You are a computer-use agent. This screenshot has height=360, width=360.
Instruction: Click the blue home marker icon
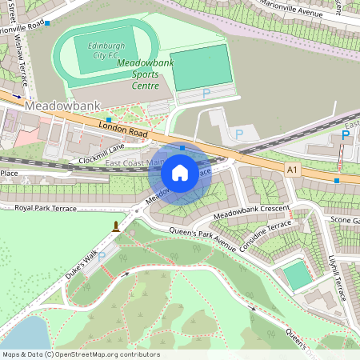tap(180, 172)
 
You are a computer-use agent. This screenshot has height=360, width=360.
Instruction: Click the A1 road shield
tap(293, 169)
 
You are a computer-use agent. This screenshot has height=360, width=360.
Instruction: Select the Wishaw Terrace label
tap(19, 56)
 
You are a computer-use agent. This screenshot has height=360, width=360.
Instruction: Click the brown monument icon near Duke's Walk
tap(117, 226)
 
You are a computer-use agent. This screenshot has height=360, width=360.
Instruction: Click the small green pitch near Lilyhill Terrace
tap(298, 276)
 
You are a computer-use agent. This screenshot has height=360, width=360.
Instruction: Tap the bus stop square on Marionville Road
tap(48, 24)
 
